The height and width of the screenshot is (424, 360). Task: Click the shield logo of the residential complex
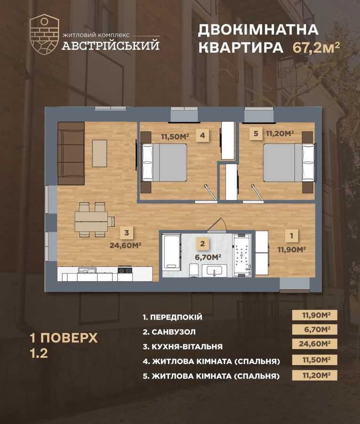(44, 35)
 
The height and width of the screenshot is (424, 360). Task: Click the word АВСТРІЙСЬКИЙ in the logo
(111, 46)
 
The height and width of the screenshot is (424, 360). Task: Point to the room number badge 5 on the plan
(256, 134)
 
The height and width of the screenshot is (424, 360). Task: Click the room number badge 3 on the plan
(127, 232)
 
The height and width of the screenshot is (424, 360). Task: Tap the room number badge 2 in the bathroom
(202, 244)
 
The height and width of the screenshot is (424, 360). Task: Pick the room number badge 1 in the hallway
(292, 235)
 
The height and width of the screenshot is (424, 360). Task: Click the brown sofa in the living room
(71, 153)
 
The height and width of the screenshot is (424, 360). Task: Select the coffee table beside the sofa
(99, 153)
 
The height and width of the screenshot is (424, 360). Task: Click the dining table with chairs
(94, 220)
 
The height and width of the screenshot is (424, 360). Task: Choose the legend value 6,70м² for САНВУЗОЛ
(314, 330)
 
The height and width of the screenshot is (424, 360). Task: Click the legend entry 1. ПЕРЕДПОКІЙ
(172, 318)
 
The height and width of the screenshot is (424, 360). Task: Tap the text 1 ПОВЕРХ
(63, 338)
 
